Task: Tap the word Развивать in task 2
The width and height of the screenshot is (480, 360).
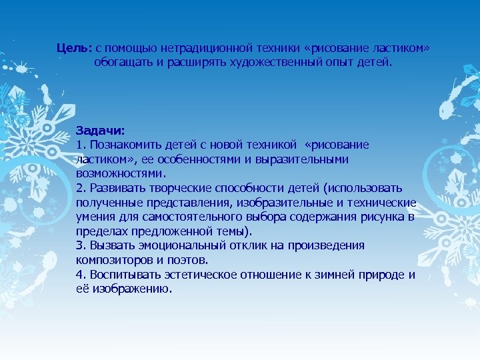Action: pyautogui.click(x=115, y=189)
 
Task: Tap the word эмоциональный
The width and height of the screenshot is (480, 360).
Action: pyautogui.click(x=176, y=245)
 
